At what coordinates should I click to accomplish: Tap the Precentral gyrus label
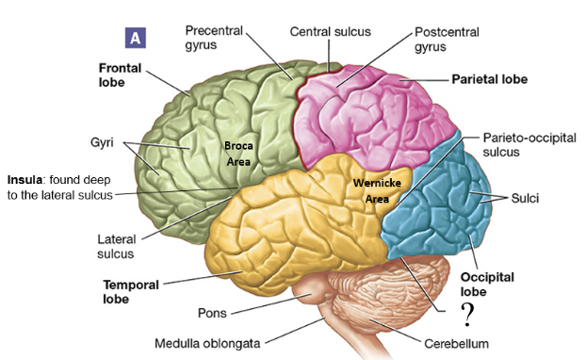tap(215, 36)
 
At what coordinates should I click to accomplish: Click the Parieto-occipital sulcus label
tap(523, 142)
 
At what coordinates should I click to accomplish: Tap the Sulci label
tap(526, 199)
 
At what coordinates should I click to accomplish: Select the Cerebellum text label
tap(456, 344)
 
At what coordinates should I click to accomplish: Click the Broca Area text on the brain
tap(237, 155)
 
